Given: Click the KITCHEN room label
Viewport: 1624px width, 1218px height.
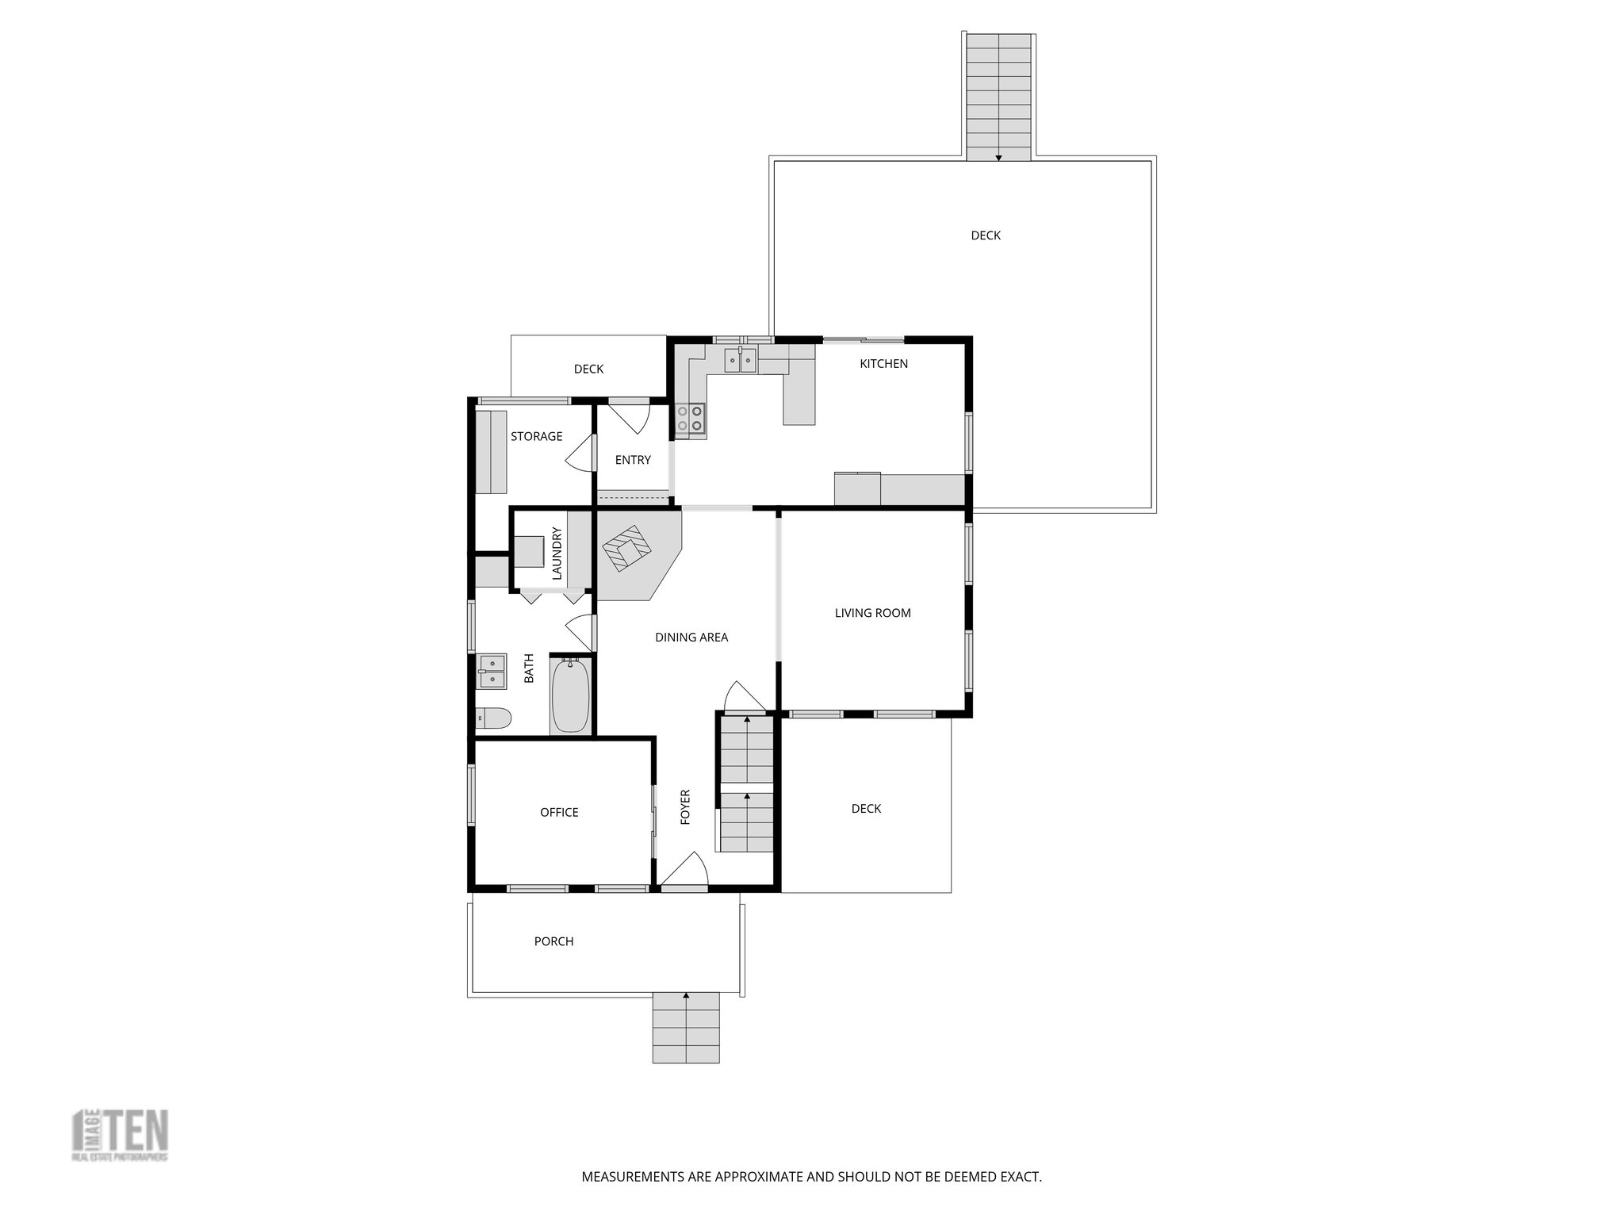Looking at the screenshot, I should [883, 364].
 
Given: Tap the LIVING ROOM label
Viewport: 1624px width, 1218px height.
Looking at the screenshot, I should [872, 613].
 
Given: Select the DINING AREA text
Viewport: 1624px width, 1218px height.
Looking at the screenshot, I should [691, 638].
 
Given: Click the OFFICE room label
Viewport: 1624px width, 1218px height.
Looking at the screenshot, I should [559, 813].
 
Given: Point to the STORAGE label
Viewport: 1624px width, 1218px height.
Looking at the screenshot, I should [536, 437].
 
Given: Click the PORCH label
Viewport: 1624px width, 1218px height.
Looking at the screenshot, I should [553, 942].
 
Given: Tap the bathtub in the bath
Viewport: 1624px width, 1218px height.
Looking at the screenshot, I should [570, 695].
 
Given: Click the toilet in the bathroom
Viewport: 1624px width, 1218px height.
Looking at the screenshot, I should [493, 718].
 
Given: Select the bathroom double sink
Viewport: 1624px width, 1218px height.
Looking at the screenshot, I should [492, 671].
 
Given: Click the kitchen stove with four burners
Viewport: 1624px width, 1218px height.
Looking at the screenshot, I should [691, 418].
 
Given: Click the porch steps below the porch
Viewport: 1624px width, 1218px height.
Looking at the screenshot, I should [686, 1028].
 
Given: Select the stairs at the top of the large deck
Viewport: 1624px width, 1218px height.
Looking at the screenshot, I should [999, 95].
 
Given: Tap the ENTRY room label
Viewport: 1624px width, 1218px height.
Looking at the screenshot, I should [633, 460].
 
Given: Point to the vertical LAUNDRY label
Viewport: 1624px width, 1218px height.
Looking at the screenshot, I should [557, 552].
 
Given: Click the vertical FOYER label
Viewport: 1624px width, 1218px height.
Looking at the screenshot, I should [686, 806].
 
